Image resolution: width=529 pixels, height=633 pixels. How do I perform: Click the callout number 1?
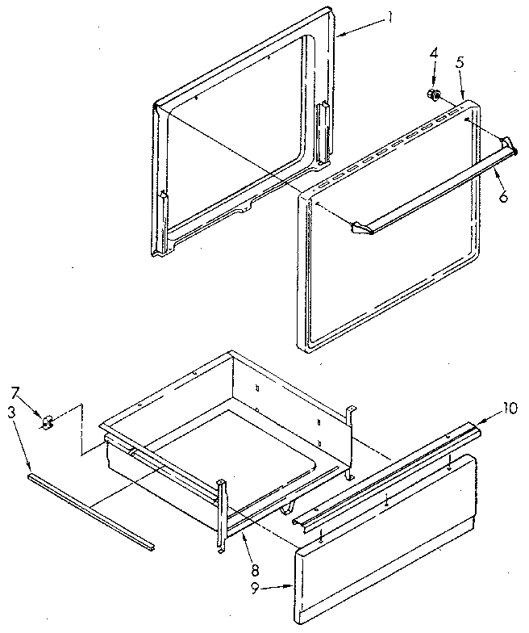[389, 16]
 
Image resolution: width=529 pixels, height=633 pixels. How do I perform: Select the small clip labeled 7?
[48, 421]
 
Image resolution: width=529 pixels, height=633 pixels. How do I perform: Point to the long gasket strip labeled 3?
[89, 509]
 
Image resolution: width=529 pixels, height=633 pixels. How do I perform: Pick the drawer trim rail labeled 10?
[387, 476]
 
